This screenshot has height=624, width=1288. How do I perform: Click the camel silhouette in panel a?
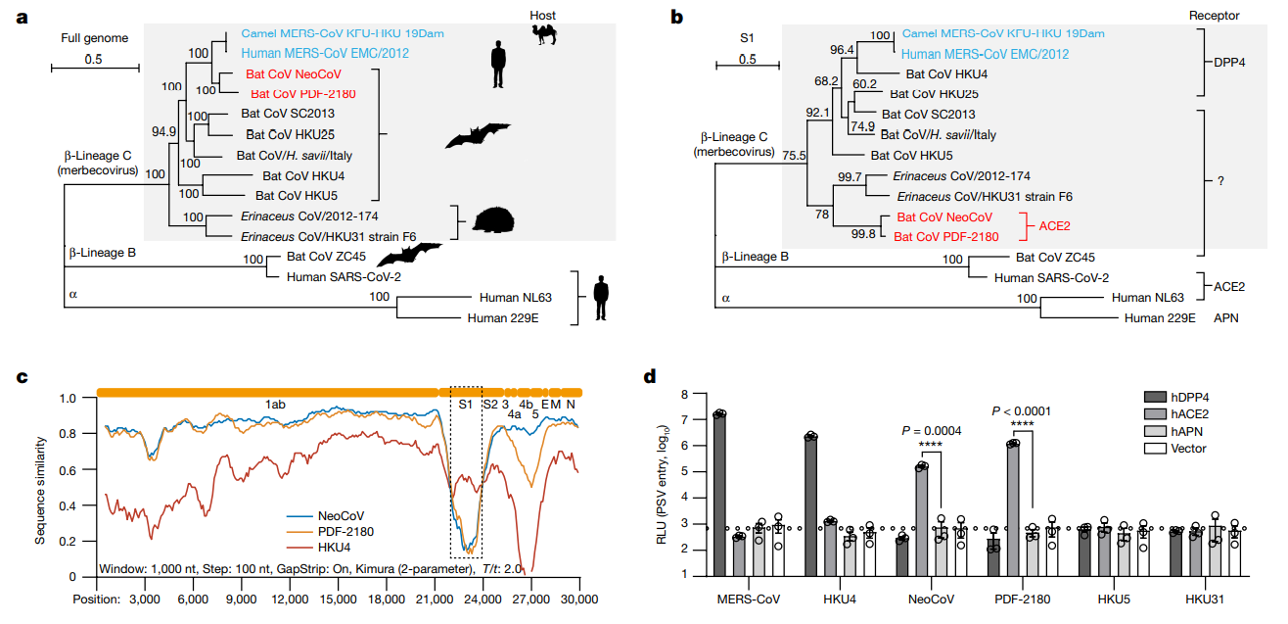coord(544,34)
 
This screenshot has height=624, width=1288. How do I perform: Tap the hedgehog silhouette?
coord(493,220)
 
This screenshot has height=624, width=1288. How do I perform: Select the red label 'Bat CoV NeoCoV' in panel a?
coord(294,73)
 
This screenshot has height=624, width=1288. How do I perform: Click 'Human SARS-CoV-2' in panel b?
coord(1052,277)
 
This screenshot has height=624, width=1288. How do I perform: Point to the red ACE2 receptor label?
coord(1054,225)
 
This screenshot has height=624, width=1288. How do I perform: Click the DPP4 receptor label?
coord(1229,62)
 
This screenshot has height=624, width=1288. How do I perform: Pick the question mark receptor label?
coord(1220,181)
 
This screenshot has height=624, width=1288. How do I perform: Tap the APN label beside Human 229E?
coord(1226,317)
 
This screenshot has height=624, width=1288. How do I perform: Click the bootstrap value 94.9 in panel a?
coord(163,131)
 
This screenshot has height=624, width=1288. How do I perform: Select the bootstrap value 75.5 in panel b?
coord(794,156)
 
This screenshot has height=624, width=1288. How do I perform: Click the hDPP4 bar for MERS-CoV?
coord(719,495)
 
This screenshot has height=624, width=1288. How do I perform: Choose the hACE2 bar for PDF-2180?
coord(1013,509)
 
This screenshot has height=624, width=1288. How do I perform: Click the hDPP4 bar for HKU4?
coord(810,506)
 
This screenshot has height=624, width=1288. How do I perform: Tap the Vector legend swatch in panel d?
coord(1155,449)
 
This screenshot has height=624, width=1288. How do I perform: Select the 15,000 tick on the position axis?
coord(338,599)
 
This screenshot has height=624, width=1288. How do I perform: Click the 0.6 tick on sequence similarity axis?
coord(68,470)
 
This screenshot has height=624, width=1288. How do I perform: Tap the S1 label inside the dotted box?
coord(465,405)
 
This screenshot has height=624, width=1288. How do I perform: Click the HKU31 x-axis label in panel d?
coord(1205,599)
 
